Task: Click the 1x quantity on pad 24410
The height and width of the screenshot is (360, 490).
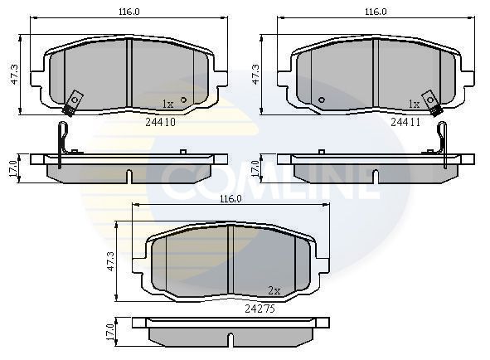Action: point(167,104)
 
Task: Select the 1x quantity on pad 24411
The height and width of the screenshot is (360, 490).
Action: point(414,104)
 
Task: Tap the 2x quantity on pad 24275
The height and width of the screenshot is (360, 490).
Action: point(274,290)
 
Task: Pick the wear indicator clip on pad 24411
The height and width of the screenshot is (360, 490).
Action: point(431,101)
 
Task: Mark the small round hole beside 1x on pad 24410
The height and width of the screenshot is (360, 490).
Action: point(183,100)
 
